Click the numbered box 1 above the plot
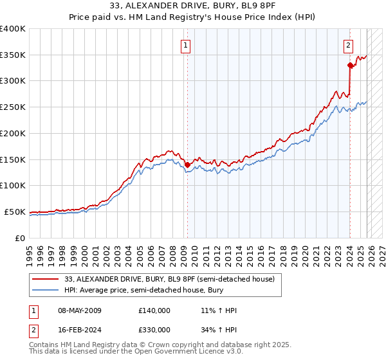pos(185,45)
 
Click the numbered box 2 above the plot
pos(348,45)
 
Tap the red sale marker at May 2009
pos(187,165)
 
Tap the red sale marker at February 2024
pos(350,65)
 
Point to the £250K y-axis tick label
pos(13,107)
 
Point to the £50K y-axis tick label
pos(15,212)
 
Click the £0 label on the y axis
pos(21,238)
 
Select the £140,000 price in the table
pos(154,310)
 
